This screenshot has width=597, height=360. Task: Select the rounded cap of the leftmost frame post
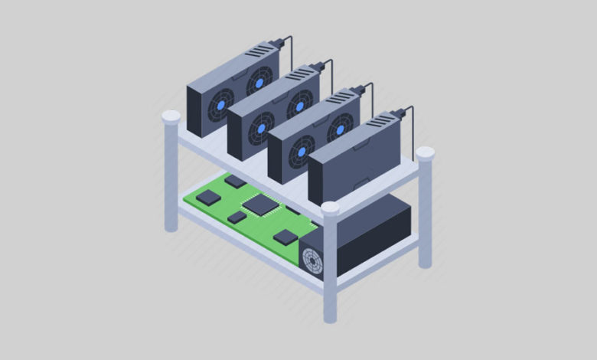click(x=171, y=117)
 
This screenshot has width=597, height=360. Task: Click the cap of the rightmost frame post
click(x=425, y=153)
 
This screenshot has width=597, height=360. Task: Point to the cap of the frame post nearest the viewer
click(x=330, y=208)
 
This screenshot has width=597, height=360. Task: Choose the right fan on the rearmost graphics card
click(x=259, y=82)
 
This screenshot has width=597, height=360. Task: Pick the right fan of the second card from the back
click(x=300, y=103)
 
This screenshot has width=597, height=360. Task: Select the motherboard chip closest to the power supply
click(x=285, y=237)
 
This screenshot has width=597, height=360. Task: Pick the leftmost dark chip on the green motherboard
click(x=207, y=197)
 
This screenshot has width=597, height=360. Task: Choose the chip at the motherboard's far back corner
click(x=235, y=182)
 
